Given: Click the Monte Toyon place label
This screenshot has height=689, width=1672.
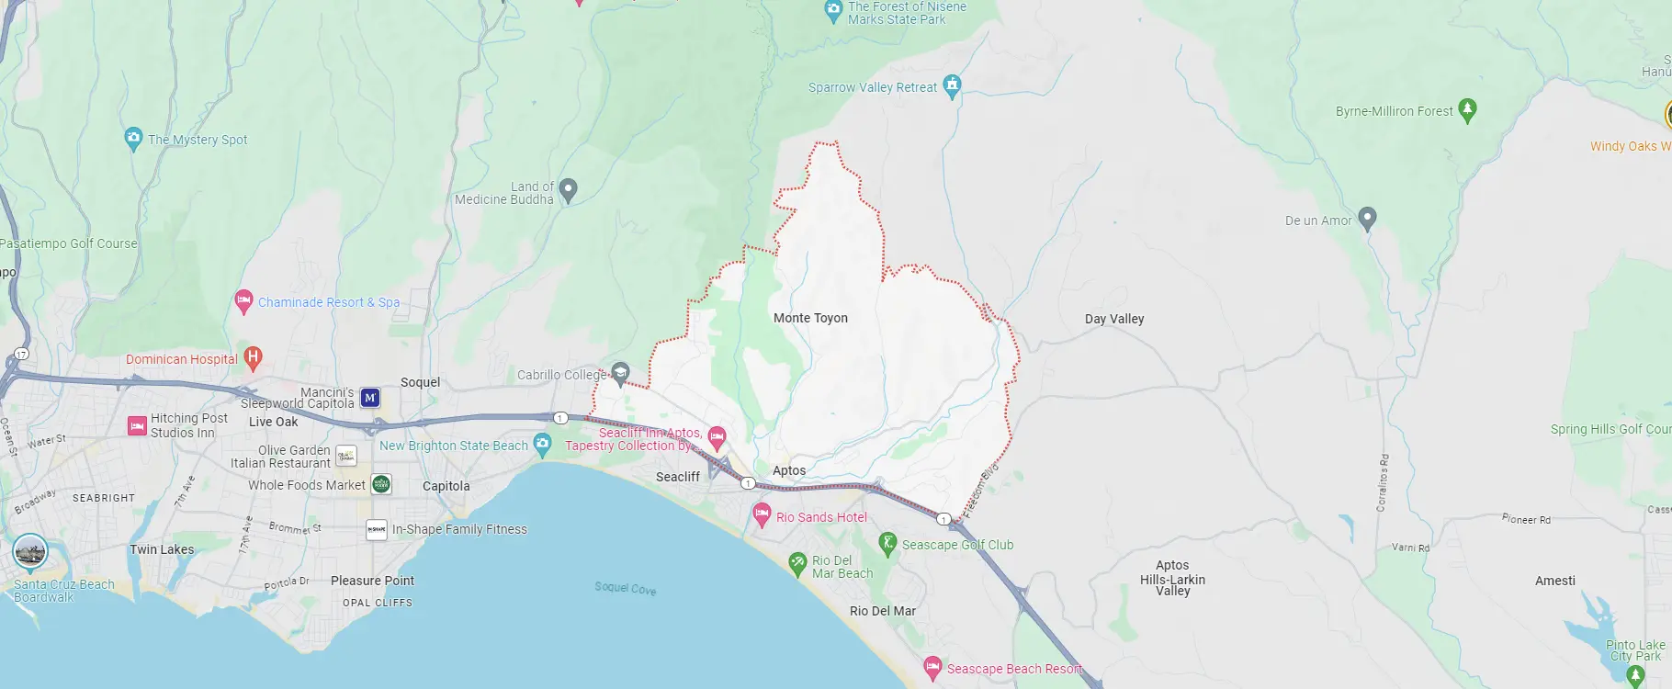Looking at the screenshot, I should pyautogui.click(x=810, y=318).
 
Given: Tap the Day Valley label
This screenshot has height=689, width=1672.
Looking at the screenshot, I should pyautogui.click(x=1113, y=319).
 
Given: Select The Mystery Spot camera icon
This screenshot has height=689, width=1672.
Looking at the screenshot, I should pyautogui.click(x=133, y=138).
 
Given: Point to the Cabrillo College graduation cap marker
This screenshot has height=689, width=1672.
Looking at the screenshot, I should pyautogui.click(x=620, y=372).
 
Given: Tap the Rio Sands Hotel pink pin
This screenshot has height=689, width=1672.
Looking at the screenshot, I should pyautogui.click(x=762, y=514).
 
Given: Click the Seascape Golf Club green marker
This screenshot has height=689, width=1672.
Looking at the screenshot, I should pyautogui.click(x=887, y=543).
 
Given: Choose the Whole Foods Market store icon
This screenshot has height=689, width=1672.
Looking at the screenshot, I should pyautogui.click(x=381, y=484).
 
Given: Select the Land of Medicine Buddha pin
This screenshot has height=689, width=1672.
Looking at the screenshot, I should pyautogui.click(x=568, y=189).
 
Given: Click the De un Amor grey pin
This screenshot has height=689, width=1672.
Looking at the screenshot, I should pyautogui.click(x=1367, y=218).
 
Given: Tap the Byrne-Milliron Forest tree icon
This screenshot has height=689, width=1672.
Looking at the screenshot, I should pyautogui.click(x=1467, y=109).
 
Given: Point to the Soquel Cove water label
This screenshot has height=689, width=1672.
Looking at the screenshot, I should pyautogui.click(x=625, y=588).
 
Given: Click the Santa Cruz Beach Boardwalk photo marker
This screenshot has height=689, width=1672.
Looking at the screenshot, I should pyautogui.click(x=30, y=552).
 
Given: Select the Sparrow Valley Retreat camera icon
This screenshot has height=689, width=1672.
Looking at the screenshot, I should pyautogui.click(x=952, y=85).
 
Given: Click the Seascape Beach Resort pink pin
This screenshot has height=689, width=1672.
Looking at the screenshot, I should pyautogui.click(x=932, y=667).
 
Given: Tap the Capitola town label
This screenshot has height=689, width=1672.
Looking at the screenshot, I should pyautogui.click(x=446, y=486).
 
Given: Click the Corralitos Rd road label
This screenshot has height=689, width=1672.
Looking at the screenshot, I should pyautogui.click(x=1384, y=482).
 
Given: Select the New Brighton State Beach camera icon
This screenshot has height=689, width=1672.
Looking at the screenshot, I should pyautogui.click(x=542, y=445).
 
